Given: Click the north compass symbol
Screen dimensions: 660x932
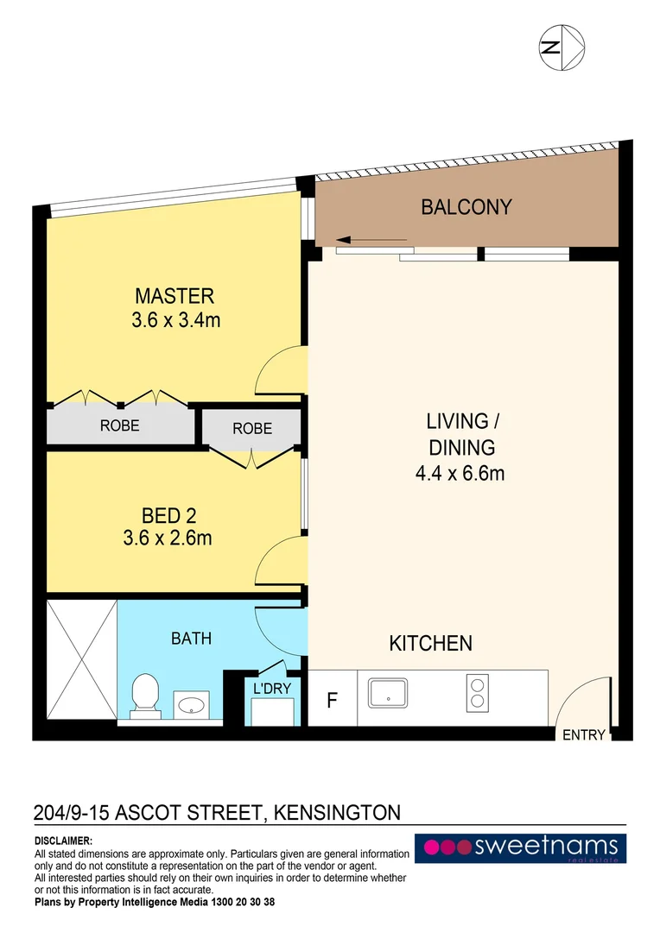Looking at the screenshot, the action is (x=562, y=47).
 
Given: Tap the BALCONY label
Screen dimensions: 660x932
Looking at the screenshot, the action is (x=466, y=207).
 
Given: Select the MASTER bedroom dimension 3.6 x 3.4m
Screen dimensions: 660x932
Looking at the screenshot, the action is (x=175, y=320).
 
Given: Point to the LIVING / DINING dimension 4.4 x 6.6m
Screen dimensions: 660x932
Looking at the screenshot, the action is (x=460, y=473).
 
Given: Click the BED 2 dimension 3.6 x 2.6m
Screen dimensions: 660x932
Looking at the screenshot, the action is (x=168, y=538).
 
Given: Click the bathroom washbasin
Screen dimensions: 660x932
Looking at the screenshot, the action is (x=191, y=705).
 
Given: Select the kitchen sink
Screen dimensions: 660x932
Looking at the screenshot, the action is (x=387, y=693).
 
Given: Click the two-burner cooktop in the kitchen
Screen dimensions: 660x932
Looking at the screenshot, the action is (x=477, y=693).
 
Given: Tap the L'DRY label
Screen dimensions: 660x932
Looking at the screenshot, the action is (x=272, y=689).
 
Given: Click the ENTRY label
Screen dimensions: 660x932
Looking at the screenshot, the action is (x=583, y=734).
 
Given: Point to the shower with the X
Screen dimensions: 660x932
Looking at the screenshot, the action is (x=81, y=659).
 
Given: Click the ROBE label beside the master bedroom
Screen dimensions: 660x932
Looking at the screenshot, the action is (x=119, y=425).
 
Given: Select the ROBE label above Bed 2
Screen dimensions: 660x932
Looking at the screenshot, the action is (x=252, y=429).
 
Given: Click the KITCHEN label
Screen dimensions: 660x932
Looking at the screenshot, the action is (x=430, y=643).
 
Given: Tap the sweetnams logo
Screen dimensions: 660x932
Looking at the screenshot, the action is (x=520, y=847).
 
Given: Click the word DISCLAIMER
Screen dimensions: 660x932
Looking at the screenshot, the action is (x=64, y=841).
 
